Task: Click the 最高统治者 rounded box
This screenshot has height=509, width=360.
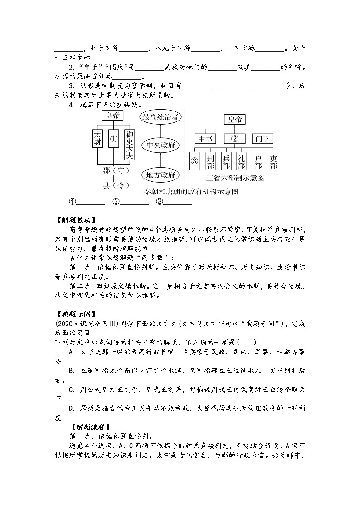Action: pos(161,117)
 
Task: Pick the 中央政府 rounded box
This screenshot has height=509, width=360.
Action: pos(161,145)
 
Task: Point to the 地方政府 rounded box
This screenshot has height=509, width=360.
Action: pos(161,175)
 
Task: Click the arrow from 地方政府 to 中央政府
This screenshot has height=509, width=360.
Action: pos(161,160)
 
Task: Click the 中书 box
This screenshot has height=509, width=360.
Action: pos(205,138)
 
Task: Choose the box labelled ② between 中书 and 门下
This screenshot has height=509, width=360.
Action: pos(234,138)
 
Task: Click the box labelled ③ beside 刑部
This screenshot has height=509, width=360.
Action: pos(195,160)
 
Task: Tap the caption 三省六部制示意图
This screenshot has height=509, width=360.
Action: pos(235,178)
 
